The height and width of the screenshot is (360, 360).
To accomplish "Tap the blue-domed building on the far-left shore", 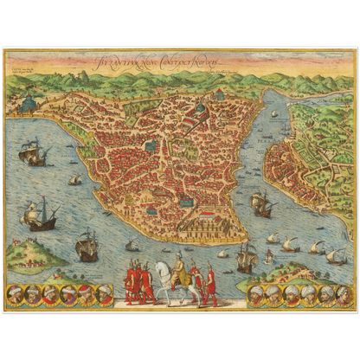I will click(29, 102).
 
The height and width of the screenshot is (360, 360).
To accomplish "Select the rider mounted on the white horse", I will click(179, 269).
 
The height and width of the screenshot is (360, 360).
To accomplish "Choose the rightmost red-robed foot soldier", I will click(209, 284).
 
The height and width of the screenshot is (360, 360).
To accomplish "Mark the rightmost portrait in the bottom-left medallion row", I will click(104, 295).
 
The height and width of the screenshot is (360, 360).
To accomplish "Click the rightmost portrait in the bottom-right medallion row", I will click(342, 295).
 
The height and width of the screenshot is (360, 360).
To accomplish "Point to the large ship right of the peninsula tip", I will click(260, 204).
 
